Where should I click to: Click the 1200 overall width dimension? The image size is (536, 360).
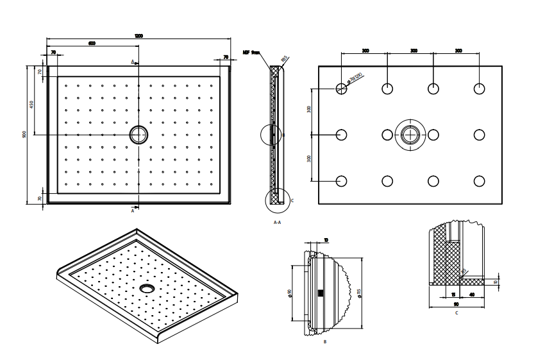138,35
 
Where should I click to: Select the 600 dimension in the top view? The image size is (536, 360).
92,44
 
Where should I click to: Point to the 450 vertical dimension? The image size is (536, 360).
31,105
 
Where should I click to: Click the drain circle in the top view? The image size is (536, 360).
138,134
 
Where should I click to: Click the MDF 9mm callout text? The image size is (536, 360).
251,54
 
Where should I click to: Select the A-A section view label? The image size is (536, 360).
277,222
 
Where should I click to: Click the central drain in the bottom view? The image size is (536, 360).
410,135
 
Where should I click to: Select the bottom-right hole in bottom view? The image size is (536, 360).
479,181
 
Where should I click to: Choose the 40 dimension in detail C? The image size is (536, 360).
472,295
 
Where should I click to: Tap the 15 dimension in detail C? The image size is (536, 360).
453,295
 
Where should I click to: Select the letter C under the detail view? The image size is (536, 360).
456,313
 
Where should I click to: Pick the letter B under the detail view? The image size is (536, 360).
324,342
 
